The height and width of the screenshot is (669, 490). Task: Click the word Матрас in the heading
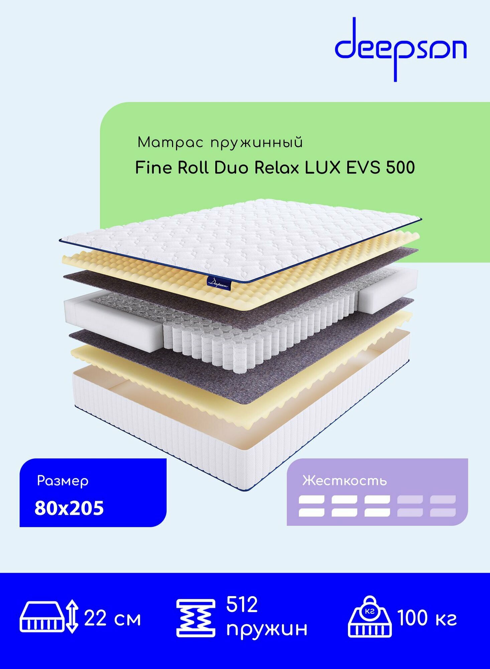pyautogui.click(x=170, y=143)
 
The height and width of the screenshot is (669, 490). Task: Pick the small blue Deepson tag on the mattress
pyautogui.click(x=219, y=283)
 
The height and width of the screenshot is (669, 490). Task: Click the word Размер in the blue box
pyautogui.click(x=63, y=481)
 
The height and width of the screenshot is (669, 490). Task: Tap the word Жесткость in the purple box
pyautogui.click(x=344, y=481)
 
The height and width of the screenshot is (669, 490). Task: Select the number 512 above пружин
pyautogui.click(x=242, y=604)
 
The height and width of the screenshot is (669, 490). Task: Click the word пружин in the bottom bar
pyautogui.click(x=266, y=629)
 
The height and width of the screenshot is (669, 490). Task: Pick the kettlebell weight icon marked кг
pyautogui.click(x=370, y=616)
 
